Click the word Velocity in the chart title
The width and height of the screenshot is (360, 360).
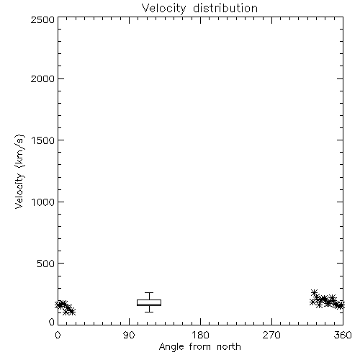[x=164, y=9]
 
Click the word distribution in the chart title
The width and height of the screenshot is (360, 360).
[x=225, y=8]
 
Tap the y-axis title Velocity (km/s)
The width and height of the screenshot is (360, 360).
[x=19, y=171]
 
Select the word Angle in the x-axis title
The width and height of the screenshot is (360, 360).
[x=171, y=347]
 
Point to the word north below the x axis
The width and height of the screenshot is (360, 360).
[x=229, y=346]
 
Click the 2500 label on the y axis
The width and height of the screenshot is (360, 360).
[x=42, y=20]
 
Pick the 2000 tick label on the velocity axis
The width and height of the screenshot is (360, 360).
[x=42, y=79]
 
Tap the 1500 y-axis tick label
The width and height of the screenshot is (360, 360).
[x=43, y=140]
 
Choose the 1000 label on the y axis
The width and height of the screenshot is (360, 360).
[x=43, y=202]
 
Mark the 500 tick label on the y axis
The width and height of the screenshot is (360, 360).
[x=46, y=264]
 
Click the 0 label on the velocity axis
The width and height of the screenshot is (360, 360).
[x=52, y=322]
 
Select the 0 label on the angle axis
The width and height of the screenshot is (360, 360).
[x=58, y=335]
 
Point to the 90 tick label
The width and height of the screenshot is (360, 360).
[x=129, y=335]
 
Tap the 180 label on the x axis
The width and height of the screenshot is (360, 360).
[x=200, y=335]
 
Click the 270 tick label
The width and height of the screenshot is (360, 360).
[x=271, y=335]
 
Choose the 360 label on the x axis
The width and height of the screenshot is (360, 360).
[x=343, y=335]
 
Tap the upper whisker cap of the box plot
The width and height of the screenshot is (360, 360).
[x=149, y=293]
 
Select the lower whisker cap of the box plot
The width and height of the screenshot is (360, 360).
[x=149, y=312]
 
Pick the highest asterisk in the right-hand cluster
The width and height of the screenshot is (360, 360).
[x=314, y=292]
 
